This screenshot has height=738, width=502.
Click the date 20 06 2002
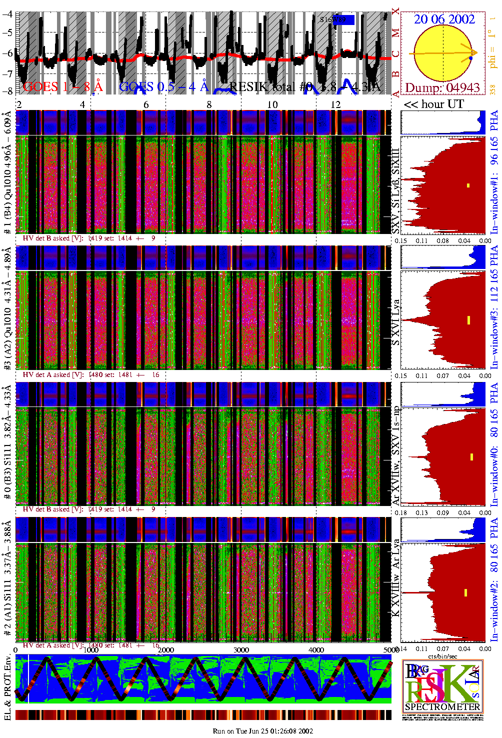click(444, 19)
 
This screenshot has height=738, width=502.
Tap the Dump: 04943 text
click(442, 88)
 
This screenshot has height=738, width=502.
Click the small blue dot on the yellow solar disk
click(470, 59)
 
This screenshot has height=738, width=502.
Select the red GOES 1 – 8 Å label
click(62, 86)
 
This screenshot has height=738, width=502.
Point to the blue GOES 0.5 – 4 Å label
click(163, 86)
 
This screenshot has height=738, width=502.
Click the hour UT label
click(433, 104)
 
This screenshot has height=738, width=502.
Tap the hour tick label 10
click(272, 104)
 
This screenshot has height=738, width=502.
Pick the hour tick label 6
click(146, 104)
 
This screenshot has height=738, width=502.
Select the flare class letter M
click(395, 33)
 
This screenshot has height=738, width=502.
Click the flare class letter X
click(395, 11)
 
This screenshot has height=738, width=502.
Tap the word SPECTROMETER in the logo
click(442, 707)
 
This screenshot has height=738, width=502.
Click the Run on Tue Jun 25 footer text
click(262, 731)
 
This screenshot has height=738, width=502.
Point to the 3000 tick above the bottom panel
click(241, 650)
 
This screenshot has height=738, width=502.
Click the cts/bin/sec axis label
click(443, 656)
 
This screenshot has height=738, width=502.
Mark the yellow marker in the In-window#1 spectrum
click(468, 186)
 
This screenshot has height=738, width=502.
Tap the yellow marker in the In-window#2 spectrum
click(465, 593)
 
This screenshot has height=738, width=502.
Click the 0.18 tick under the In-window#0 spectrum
click(401, 512)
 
